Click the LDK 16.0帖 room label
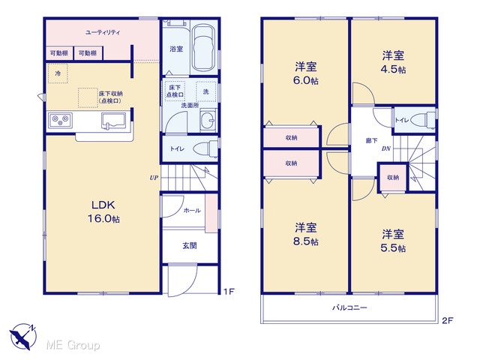[x=103, y=211]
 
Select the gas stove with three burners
[x=60, y=120]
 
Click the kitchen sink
[x=113, y=121]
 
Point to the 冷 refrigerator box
[x=58, y=73]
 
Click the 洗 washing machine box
[x=206, y=91]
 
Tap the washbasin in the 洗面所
[x=208, y=121]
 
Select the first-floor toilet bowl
[x=205, y=148]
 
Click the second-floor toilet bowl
[x=423, y=120]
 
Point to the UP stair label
[x=154, y=178]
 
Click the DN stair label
[x=385, y=148]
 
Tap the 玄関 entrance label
[x=190, y=245]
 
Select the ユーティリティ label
[x=103, y=32]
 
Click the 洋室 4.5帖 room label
[x=393, y=62]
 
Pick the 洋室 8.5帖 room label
[x=305, y=235]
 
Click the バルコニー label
[x=349, y=307]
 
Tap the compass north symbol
[x=23, y=337]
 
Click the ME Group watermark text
[x=73, y=345]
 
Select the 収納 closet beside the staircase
[x=393, y=178]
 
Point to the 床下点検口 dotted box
[x=175, y=91]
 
